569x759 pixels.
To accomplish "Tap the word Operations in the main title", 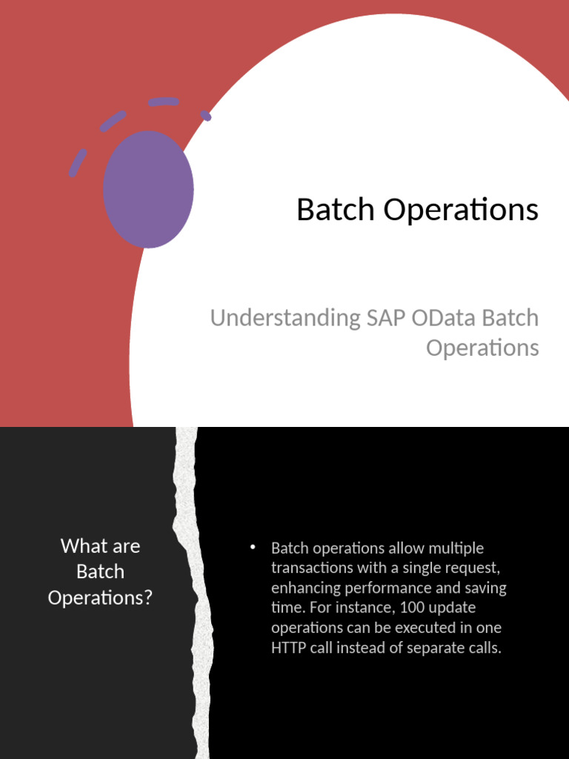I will tap(461, 211).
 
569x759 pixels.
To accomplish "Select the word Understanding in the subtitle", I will tap(285, 318).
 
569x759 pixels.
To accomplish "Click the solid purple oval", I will tap(149, 189).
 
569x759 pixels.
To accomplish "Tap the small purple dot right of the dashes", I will tap(207, 116).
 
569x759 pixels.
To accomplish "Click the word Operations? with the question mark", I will tap(100, 597).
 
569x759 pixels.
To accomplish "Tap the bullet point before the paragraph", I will tap(252, 547).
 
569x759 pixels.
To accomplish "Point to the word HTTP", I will tap(290, 648).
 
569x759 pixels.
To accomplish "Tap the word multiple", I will tap(456, 548).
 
